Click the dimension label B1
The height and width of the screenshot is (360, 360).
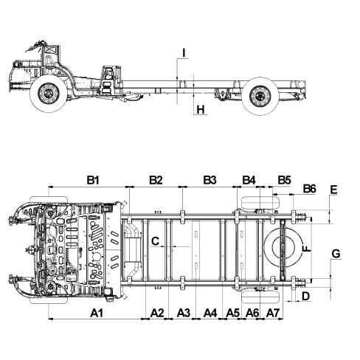pyautogui.click(x=93, y=180)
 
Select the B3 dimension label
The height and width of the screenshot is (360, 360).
pyautogui.click(x=210, y=180)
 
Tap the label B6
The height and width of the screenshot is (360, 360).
pyautogui.click(x=309, y=189)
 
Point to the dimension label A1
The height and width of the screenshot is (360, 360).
pyautogui.click(x=97, y=313)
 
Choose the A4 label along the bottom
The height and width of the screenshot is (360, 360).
pyautogui.click(x=210, y=313)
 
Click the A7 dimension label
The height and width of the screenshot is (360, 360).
pyautogui.click(x=273, y=313)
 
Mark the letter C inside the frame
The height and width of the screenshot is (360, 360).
pyautogui.click(x=156, y=241)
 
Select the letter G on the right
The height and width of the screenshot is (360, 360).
pyautogui.click(x=336, y=254)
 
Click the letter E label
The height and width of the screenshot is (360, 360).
pyautogui.click(x=333, y=190)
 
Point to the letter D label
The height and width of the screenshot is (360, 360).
pyautogui.click(x=305, y=297)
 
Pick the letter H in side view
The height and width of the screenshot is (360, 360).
pyautogui.click(x=201, y=109)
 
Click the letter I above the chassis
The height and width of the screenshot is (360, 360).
pyautogui.click(x=184, y=53)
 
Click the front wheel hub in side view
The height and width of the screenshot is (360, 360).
pyautogui.click(x=49, y=94)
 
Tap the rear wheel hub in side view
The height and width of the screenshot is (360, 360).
pyautogui.click(x=260, y=96)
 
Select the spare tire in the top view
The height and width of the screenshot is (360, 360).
pyautogui.click(x=283, y=247)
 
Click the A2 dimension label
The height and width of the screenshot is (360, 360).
pyautogui.click(x=157, y=313)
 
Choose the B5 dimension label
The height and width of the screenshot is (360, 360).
pyautogui.click(x=284, y=180)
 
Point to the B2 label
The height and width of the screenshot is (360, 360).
pyautogui.click(x=156, y=180)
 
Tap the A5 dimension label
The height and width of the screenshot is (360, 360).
pyautogui.click(x=232, y=313)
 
